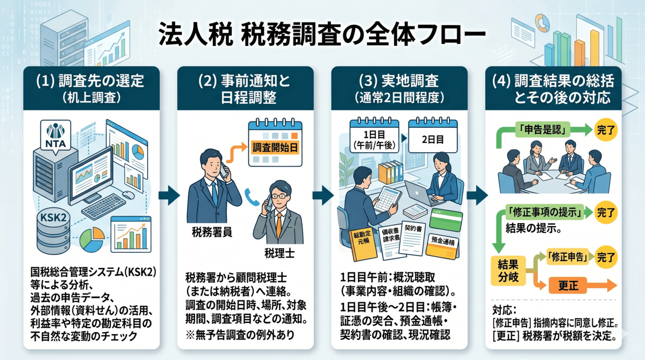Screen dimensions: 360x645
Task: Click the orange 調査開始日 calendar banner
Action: point(275,147)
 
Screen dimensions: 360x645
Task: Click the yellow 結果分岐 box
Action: point(508,271)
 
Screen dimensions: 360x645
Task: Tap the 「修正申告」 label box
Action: point(565,256)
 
